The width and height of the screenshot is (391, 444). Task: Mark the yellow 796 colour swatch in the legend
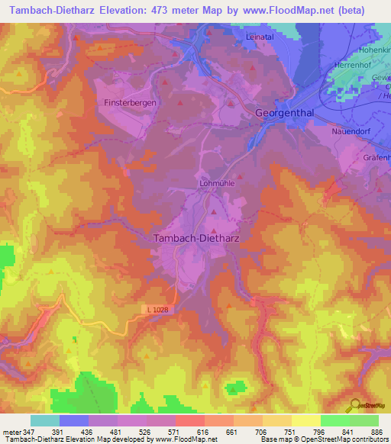tap(305, 420)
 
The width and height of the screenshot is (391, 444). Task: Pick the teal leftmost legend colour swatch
tap(44, 420)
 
